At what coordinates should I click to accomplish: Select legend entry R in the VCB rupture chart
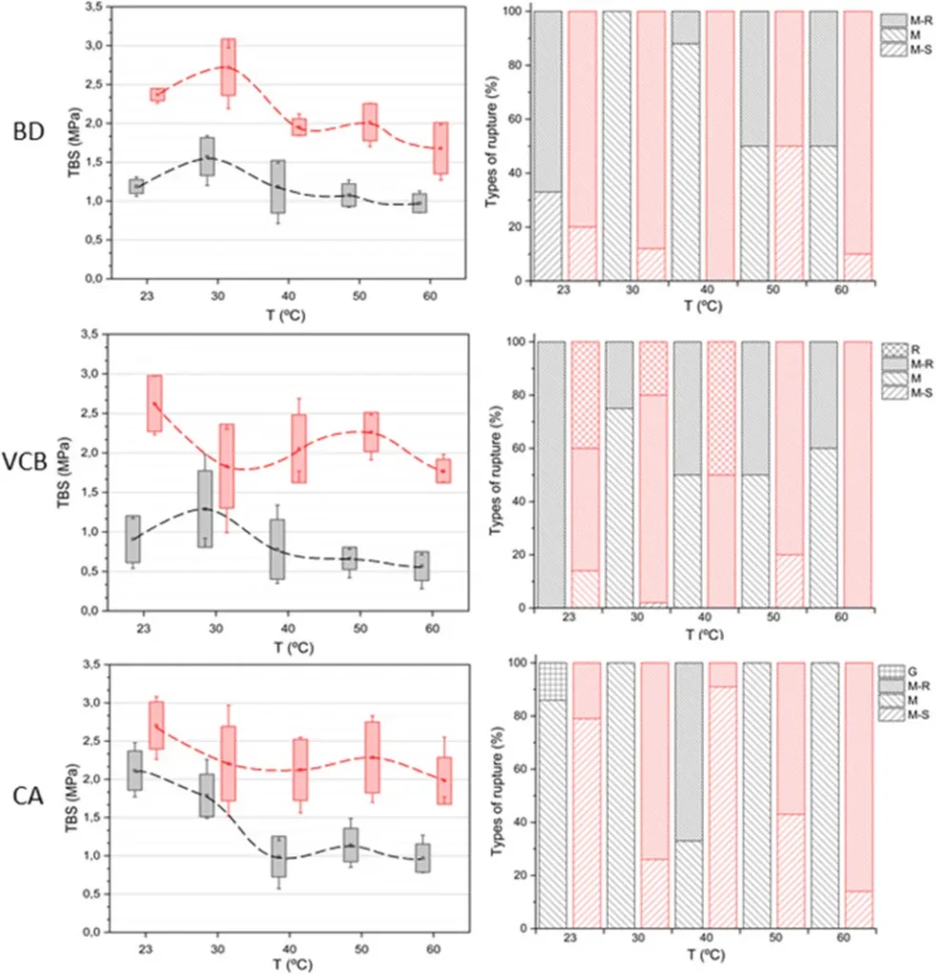[890, 349]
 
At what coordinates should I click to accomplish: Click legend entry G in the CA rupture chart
[891, 671]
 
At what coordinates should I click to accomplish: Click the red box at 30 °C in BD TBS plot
[228, 67]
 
